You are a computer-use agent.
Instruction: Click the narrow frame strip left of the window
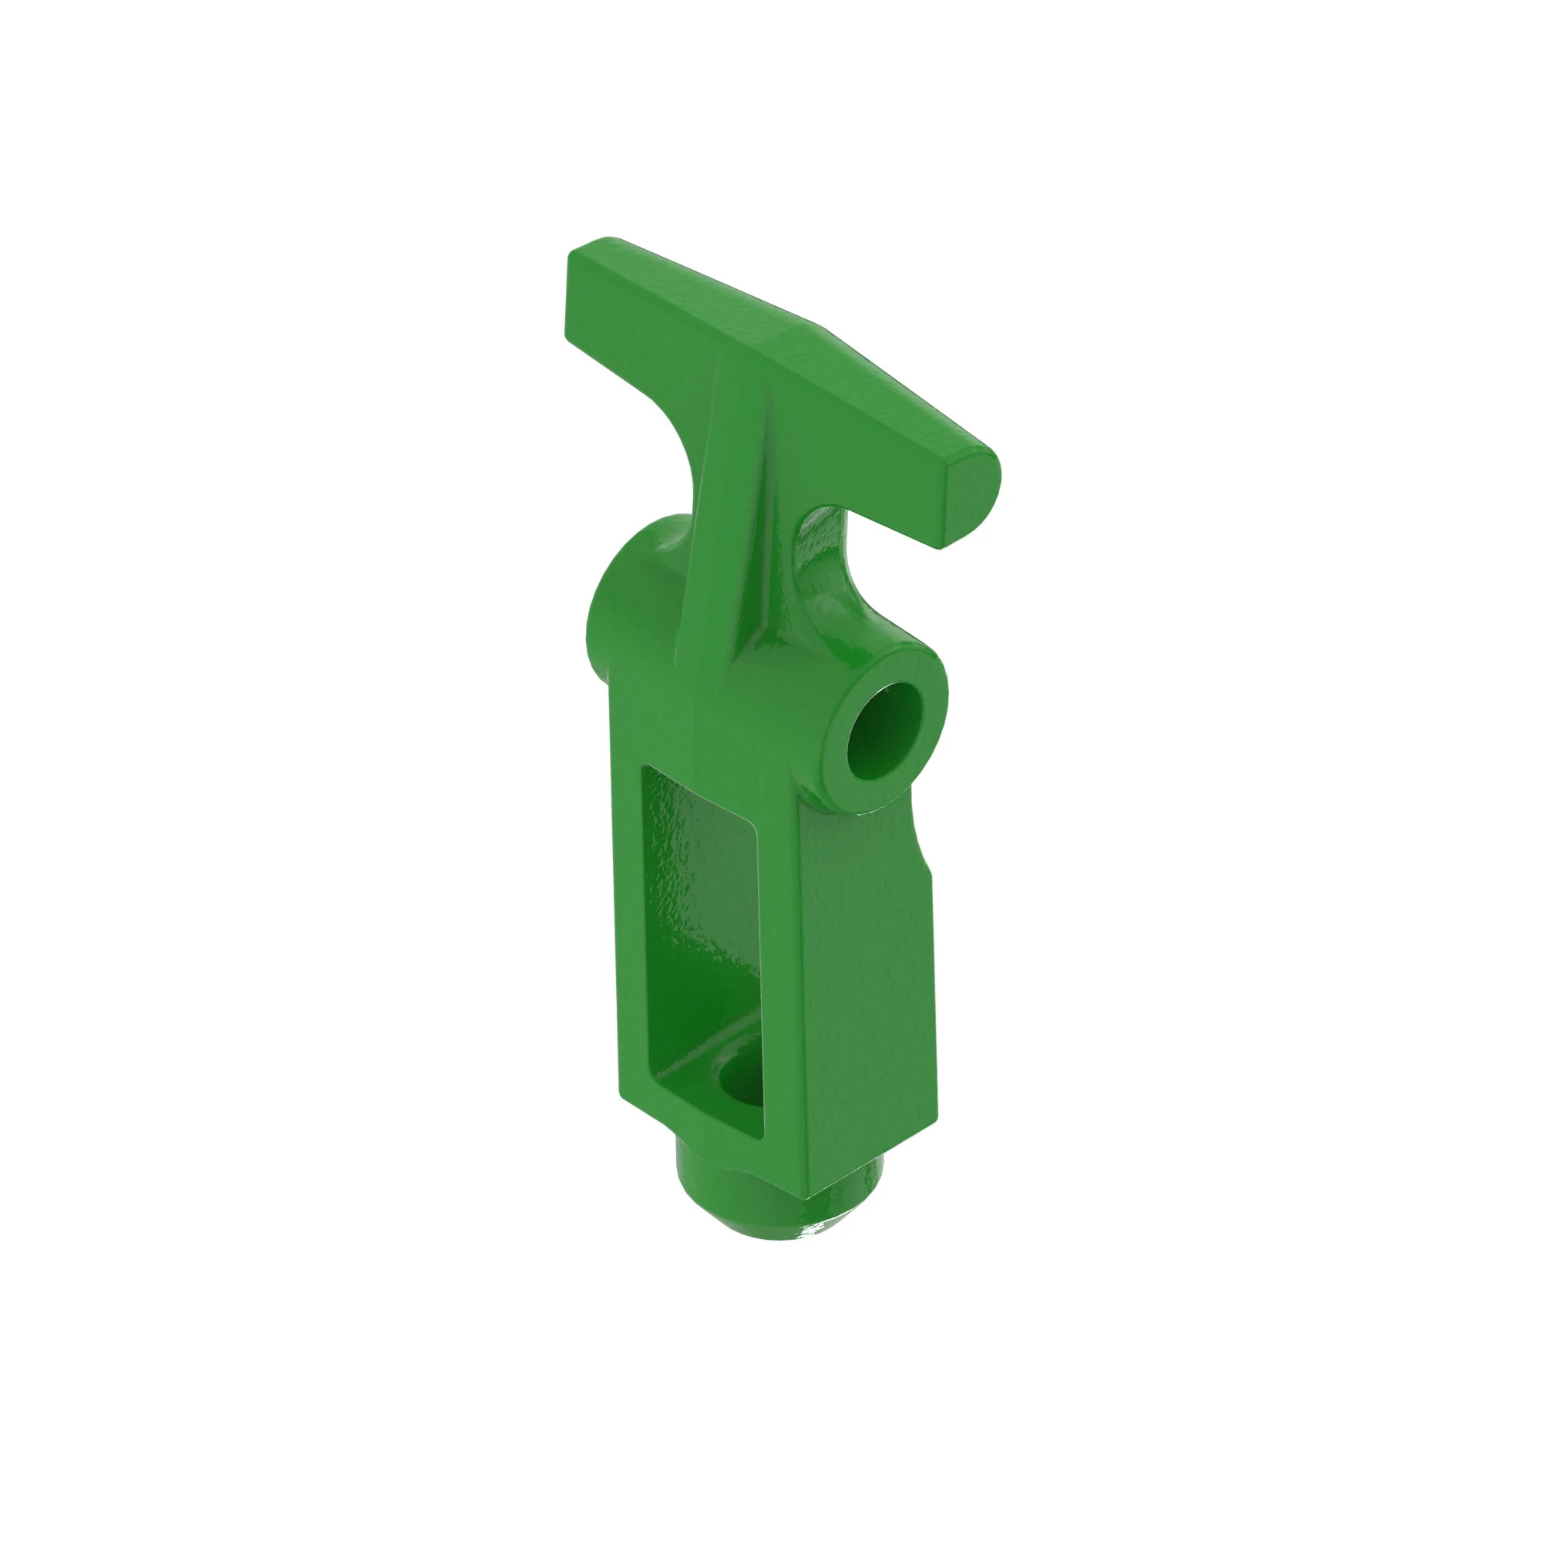631,917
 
